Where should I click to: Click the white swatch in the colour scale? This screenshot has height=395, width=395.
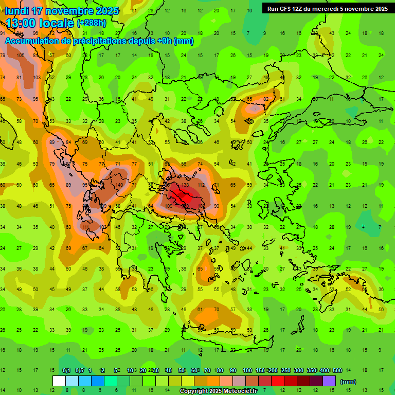pyautogui.click(x=59, y=381)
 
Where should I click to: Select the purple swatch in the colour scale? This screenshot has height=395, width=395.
pyautogui.click(x=329, y=381)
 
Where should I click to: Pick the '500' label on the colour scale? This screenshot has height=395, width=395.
pyautogui.click(x=337, y=371)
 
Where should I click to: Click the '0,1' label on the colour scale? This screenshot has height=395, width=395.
pyautogui.click(x=66, y=371)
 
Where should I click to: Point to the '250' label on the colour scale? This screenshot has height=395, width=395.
pyautogui.click(x=286, y=371)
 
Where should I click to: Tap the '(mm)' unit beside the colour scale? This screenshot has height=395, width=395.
pyautogui.click(x=348, y=382)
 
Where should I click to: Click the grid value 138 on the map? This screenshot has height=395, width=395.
pyautogui.click(x=185, y=185)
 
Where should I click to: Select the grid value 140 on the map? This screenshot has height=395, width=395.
pyautogui.click(x=119, y=185)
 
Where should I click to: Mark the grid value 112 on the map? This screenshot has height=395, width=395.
pyautogui.click(x=201, y=185)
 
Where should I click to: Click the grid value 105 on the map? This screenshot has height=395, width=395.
pyautogui.click(x=21, y=56)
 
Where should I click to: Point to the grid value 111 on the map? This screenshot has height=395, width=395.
pyautogui.click(x=86, y=227)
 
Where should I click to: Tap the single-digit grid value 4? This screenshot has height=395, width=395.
pyautogui.click(x=363, y=227)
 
